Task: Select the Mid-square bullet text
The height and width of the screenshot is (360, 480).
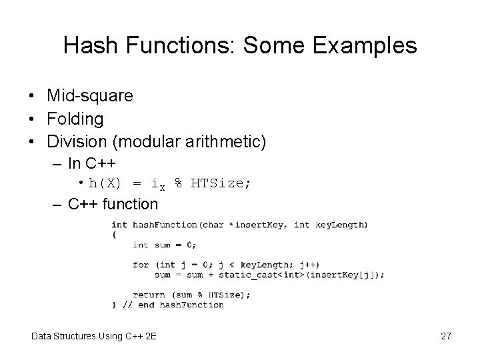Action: point(90,96)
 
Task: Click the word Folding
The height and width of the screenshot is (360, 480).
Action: point(75,119)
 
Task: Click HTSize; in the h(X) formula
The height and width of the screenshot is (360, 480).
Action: point(220,183)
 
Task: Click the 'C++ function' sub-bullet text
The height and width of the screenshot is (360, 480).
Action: point(113,204)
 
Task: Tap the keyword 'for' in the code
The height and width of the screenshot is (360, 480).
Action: point(141,265)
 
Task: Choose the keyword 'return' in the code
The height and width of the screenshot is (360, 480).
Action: point(149,295)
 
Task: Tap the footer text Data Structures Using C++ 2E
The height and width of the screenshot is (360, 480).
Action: point(94,336)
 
